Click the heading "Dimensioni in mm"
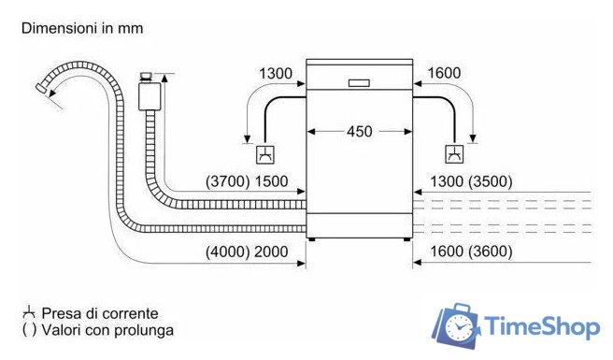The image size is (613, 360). pyautogui.click(x=82, y=28)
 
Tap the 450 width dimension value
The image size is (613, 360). pyautogui.click(x=359, y=132)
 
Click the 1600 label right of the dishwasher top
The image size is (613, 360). pyautogui.click(x=445, y=73)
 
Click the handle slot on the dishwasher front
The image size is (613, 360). pyautogui.click(x=360, y=82)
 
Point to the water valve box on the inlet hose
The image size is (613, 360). pyautogui.click(x=148, y=96)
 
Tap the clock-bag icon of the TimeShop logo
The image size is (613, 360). pyautogui.click(x=459, y=326)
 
